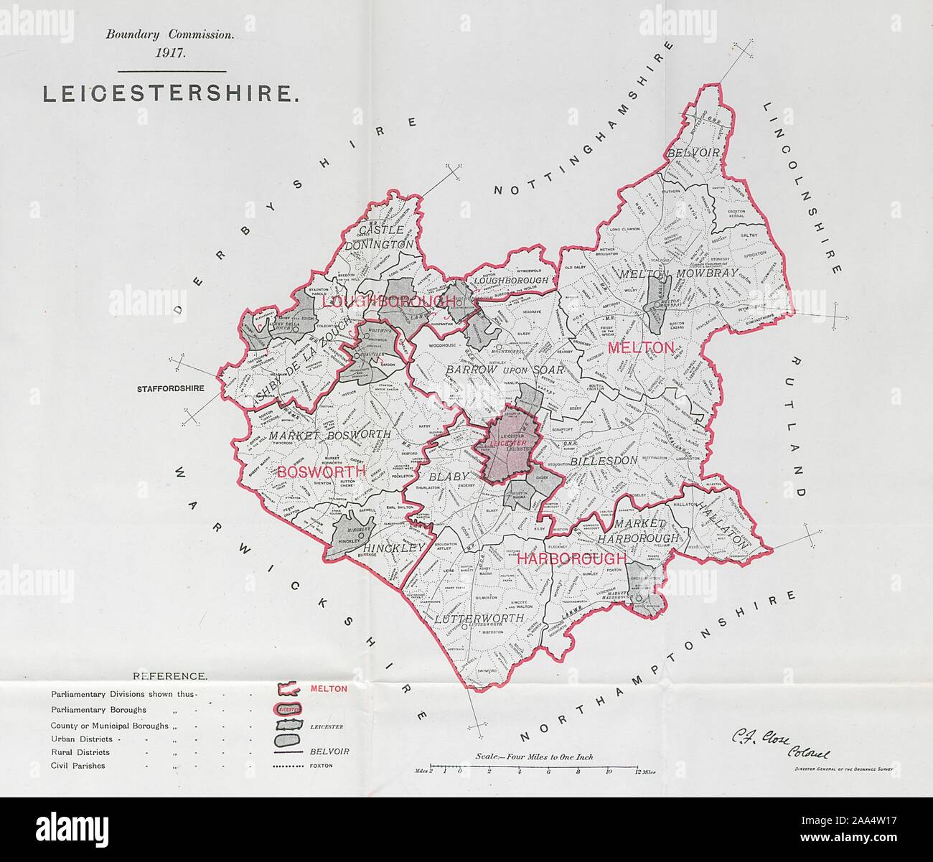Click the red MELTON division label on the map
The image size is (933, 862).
641,348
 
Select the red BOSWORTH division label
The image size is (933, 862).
321,472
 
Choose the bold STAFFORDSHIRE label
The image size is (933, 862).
169,389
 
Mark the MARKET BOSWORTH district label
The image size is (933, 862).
330,435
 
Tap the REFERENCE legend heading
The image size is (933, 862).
170,676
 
